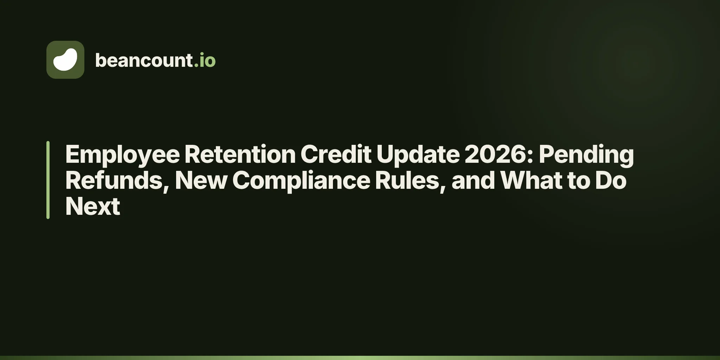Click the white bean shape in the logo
click(65, 59)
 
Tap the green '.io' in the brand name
click(205, 60)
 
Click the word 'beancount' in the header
click(144, 60)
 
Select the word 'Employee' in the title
click(123, 155)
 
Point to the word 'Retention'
click(240, 154)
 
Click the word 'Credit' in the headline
click(336, 154)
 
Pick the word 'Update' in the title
click(418, 155)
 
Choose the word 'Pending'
click(586, 155)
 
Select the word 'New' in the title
click(201, 180)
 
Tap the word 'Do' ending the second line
click(611, 180)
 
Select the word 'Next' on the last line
click(93, 206)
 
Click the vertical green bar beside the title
click(48, 180)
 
